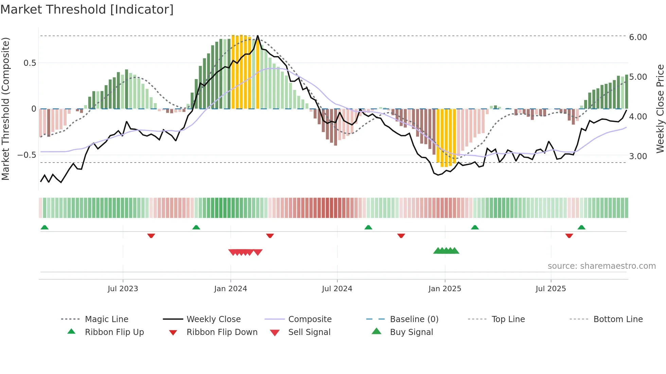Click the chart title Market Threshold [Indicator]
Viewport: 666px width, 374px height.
pyautogui.click(x=87, y=10)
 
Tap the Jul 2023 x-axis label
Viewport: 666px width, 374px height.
pyautogui.click(x=123, y=289)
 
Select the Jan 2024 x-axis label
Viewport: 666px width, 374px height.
pyautogui.click(x=230, y=289)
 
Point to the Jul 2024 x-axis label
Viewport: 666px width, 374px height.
pyautogui.click(x=337, y=289)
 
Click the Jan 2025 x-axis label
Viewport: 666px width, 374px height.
pyautogui.click(x=444, y=289)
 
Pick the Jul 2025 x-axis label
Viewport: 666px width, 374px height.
pyautogui.click(x=550, y=289)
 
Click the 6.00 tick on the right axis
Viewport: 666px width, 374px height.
pyautogui.click(x=638, y=37)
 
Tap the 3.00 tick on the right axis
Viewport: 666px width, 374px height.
pyautogui.click(x=638, y=156)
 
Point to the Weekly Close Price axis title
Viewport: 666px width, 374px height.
pyautogui.click(x=660, y=109)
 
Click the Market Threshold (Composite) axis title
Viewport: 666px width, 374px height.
pyautogui.click(x=5, y=109)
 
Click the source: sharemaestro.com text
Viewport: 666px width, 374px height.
pyautogui.click(x=601, y=266)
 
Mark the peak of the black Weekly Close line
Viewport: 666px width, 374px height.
pyautogui.click(x=258, y=36)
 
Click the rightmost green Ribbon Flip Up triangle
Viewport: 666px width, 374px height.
pyautogui.click(x=581, y=227)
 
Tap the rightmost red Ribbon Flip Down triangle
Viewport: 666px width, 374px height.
pyautogui.click(x=569, y=236)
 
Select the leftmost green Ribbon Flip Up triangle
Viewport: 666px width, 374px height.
pyautogui.click(x=45, y=227)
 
